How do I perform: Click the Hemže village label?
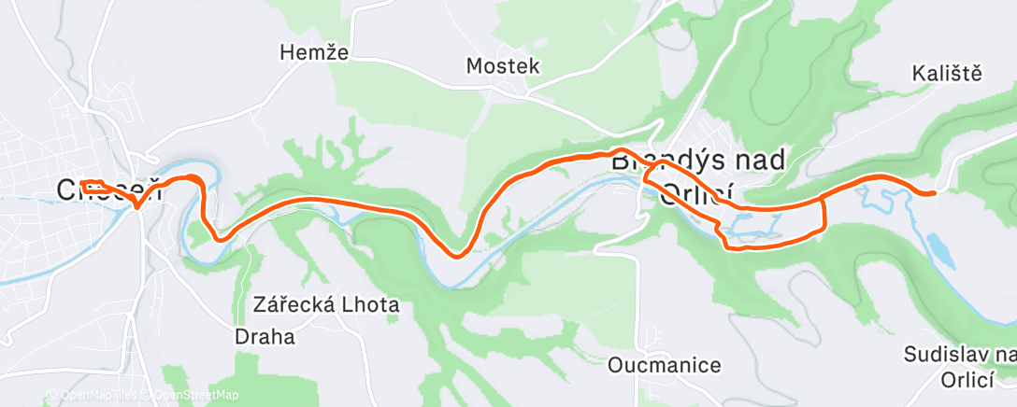314,53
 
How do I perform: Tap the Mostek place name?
503,65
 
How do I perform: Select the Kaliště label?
948,74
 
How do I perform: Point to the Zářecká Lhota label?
326,304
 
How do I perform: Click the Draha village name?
264,336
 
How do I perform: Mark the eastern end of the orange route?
932,193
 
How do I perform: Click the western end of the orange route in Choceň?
83,183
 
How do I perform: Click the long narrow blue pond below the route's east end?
936,244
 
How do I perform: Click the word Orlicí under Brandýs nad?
696,194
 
